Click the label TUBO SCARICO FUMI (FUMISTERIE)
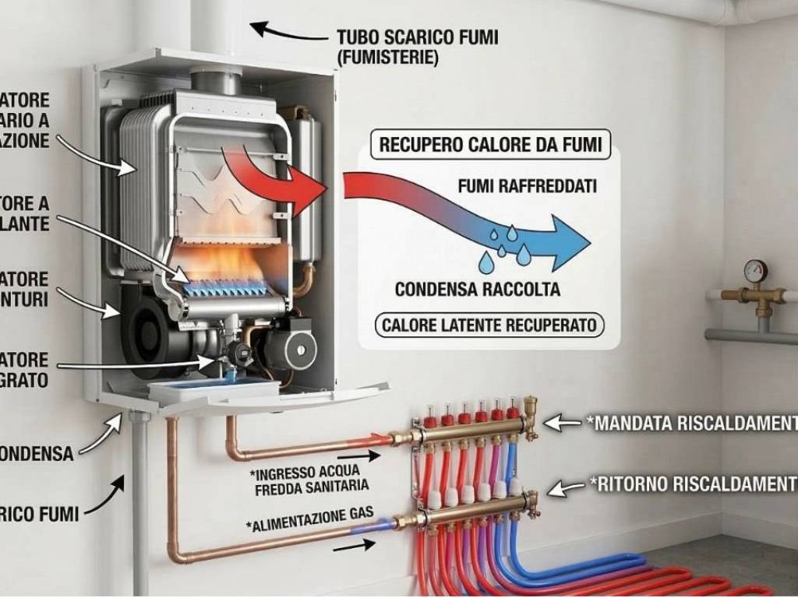tap(417, 47)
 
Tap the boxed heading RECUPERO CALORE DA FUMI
tap(490, 146)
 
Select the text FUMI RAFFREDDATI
tap(527, 187)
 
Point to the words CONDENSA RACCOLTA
tap(477, 290)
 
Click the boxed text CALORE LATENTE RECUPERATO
tap(489, 325)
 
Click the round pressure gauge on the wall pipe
tap(755, 271)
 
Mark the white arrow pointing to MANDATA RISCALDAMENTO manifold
tap(562, 423)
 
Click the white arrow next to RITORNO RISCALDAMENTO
tap(567, 487)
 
